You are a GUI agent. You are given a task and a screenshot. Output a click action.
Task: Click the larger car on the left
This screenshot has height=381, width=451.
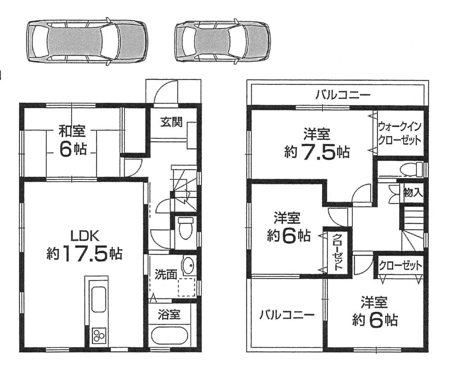coord(87,41)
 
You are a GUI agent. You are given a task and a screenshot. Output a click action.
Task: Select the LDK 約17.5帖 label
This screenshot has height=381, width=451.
coord(84,246)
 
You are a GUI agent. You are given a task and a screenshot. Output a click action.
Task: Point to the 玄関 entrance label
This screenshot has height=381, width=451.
coord(171,122)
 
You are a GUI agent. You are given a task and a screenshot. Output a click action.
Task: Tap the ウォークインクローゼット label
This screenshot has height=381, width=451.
coord(400,132)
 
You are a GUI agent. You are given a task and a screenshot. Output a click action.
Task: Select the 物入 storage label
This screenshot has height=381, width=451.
coord(413,193)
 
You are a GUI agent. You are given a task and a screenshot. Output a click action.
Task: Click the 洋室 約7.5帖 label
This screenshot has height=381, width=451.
coord(317,144)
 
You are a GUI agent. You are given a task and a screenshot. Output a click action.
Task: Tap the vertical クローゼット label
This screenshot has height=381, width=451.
coord(337,252)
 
